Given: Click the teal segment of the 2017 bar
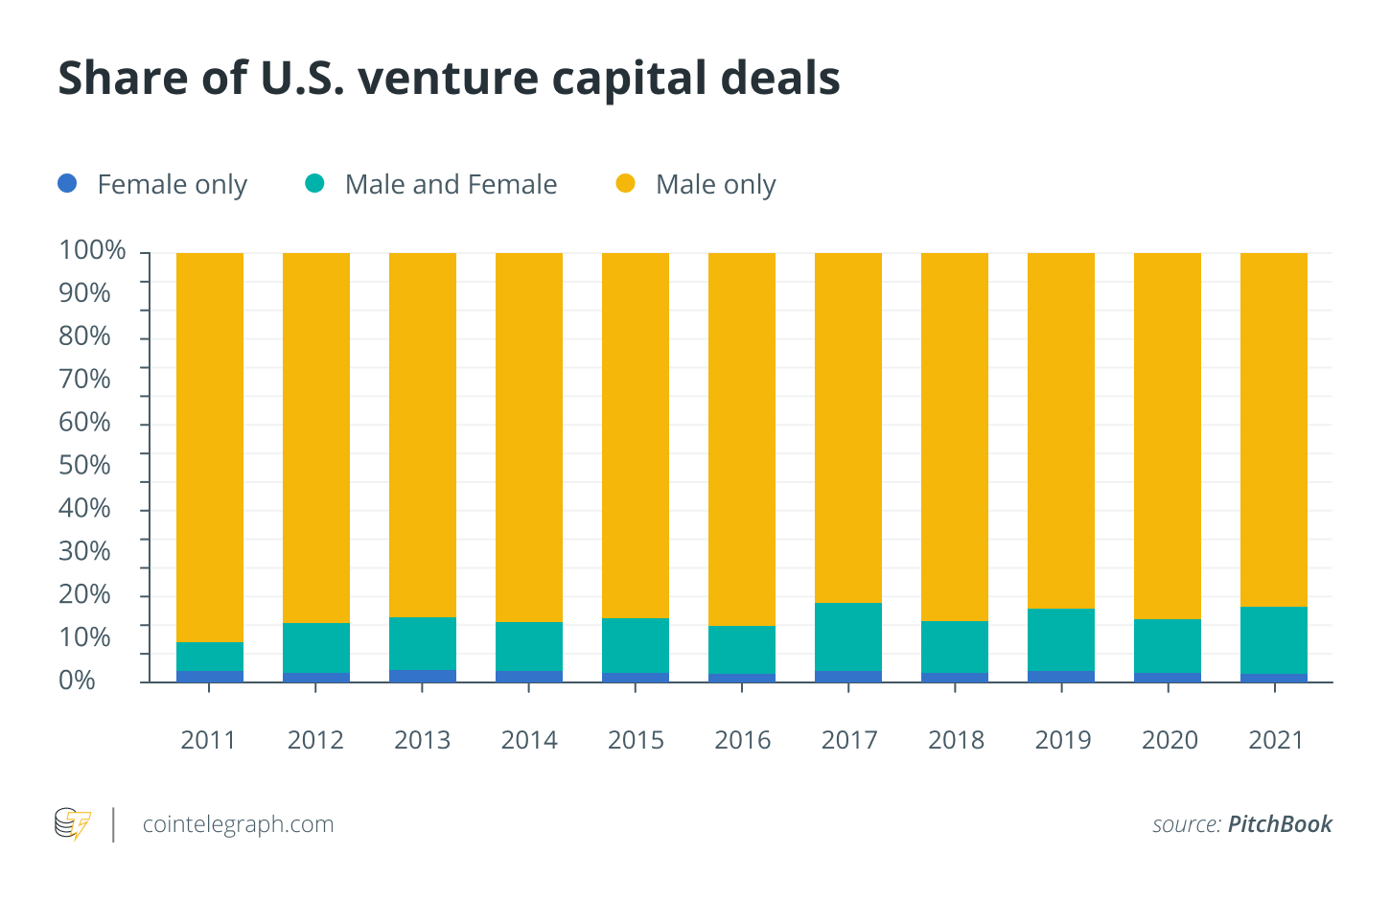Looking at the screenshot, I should point(848,636).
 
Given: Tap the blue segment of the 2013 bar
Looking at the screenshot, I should point(423,676).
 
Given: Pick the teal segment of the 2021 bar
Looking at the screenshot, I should point(1274,640).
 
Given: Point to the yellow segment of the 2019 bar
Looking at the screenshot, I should point(1061,430).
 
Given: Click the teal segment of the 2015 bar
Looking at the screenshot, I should point(636,645).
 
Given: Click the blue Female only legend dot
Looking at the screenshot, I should point(67,183).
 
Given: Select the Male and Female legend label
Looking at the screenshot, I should point(451,184).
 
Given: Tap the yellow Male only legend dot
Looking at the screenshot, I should point(625,183).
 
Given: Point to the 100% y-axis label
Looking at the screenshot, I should point(92,250).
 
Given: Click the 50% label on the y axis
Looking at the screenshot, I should point(84,465).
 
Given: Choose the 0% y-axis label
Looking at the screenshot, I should point(77,681).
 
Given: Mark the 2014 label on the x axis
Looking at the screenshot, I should point(529,740).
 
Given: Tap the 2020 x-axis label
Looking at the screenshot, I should point(1170,740).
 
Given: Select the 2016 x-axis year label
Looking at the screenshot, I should point(743,740).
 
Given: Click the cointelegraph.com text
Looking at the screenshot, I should point(238,824).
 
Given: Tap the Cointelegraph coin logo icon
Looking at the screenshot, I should point(73,824).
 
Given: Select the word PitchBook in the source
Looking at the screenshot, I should point(1280,824).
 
